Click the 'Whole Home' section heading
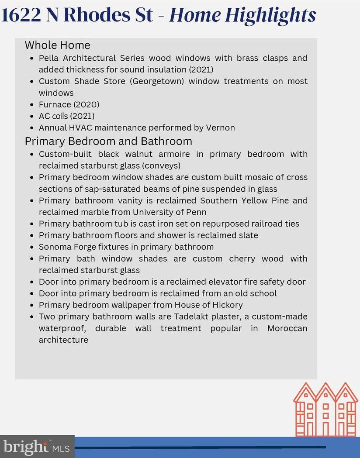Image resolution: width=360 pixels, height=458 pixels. coord(57,45)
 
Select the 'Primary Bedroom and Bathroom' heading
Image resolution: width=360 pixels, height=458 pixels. coord(108,141)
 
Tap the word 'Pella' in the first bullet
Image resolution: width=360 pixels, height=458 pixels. coord(48,58)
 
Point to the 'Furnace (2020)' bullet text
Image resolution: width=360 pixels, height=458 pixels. coord(69,104)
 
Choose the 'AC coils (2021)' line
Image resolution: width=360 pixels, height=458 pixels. coord(66,116)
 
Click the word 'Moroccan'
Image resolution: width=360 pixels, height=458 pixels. coord(287,328)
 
